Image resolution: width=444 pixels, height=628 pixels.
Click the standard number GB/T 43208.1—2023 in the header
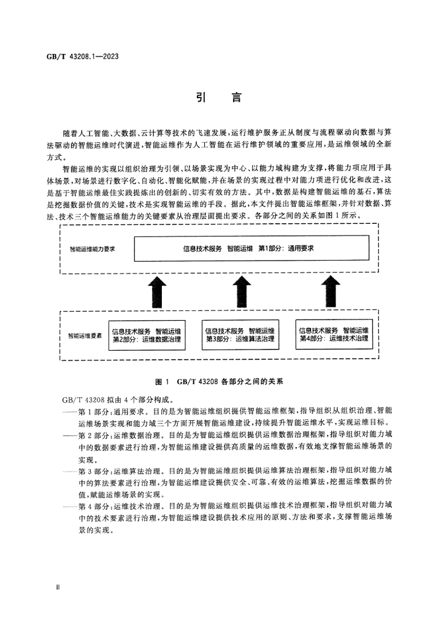(82, 56)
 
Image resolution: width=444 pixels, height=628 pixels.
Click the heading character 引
(201, 98)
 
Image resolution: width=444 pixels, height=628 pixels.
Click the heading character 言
(237, 98)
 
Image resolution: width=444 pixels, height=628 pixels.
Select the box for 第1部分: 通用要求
(251, 249)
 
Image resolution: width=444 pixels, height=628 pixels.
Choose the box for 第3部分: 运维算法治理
(240, 335)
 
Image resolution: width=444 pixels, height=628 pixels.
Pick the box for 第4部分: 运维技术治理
(334, 334)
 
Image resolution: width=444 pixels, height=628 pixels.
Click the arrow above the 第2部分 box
(158, 291)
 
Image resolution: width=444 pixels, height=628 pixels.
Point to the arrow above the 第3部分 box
(242, 291)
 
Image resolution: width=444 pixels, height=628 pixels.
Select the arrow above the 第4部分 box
(331, 291)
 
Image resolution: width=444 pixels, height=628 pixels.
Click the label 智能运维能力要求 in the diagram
(92, 249)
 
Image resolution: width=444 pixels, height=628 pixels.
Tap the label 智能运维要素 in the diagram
(85, 335)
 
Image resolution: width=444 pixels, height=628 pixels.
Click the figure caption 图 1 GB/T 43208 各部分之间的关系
(219, 381)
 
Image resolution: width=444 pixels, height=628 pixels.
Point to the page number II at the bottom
(58, 588)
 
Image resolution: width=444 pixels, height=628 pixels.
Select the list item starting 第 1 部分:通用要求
(227, 416)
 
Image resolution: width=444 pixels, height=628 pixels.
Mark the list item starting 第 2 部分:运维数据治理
(227, 446)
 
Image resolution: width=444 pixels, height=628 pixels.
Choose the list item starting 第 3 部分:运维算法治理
(227, 482)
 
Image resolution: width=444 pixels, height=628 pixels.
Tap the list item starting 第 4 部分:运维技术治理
(227, 518)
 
